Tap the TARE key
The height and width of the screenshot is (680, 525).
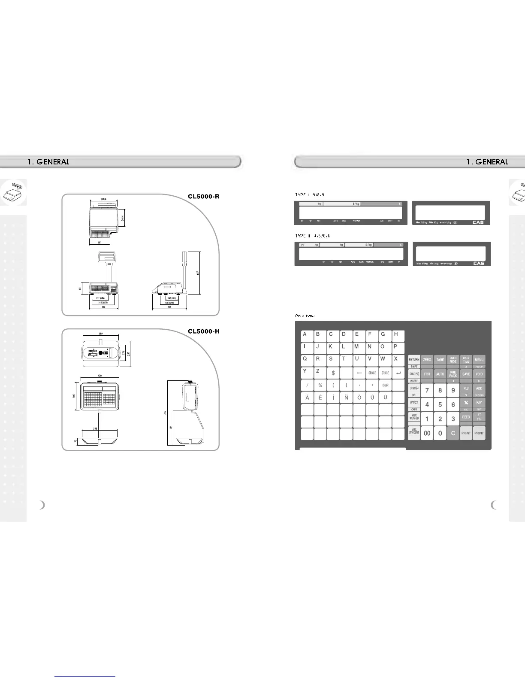[440, 360]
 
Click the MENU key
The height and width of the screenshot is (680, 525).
[479, 360]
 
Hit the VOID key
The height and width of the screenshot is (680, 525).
[479, 374]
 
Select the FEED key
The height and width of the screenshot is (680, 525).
[466, 417]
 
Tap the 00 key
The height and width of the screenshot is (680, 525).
[427, 433]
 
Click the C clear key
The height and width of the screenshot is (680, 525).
[453, 433]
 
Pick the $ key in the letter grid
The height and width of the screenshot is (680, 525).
[333, 373]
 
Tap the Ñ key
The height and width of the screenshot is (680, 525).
[346, 398]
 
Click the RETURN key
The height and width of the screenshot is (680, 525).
[414, 360]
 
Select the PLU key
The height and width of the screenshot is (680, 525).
[466, 389]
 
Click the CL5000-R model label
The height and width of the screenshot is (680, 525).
[203, 197]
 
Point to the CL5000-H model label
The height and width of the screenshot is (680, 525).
[203, 331]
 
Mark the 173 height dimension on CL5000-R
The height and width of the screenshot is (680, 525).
[80, 288]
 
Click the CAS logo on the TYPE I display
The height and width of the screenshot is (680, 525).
[478, 222]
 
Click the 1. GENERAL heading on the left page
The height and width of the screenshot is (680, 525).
[48, 162]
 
